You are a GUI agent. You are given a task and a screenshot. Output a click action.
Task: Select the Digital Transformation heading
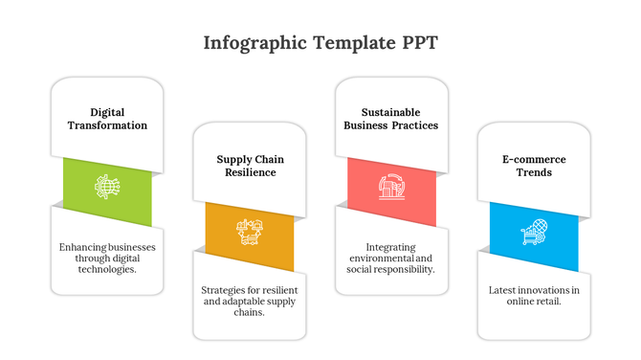tap(107, 119)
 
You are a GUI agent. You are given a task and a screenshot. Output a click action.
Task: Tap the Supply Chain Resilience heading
tap(249, 166)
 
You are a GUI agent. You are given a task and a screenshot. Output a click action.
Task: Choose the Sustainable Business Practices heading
tap(390, 119)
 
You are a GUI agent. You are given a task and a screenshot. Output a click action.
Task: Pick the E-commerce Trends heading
tap(533, 166)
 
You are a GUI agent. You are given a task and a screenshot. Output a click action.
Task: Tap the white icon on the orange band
tap(249, 231)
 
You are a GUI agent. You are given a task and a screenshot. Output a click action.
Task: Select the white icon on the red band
tap(390, 186)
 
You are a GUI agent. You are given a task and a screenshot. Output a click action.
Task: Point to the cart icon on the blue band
tap(533, 231)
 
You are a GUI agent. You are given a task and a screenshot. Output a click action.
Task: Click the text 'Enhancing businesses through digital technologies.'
tap(107, 258)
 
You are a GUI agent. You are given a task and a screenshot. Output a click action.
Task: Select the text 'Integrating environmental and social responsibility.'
tap(390, 258)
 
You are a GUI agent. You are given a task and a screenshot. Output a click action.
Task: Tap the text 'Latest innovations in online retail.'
tap(533, 295)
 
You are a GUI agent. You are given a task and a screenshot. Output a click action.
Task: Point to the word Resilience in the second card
tap(249, 172)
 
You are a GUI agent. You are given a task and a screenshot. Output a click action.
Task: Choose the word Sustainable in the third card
tap(390, 112)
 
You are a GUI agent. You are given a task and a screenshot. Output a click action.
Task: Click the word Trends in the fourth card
tap(533, 172)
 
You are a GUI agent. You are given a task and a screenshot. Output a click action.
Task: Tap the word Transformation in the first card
tap(107, 125)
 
